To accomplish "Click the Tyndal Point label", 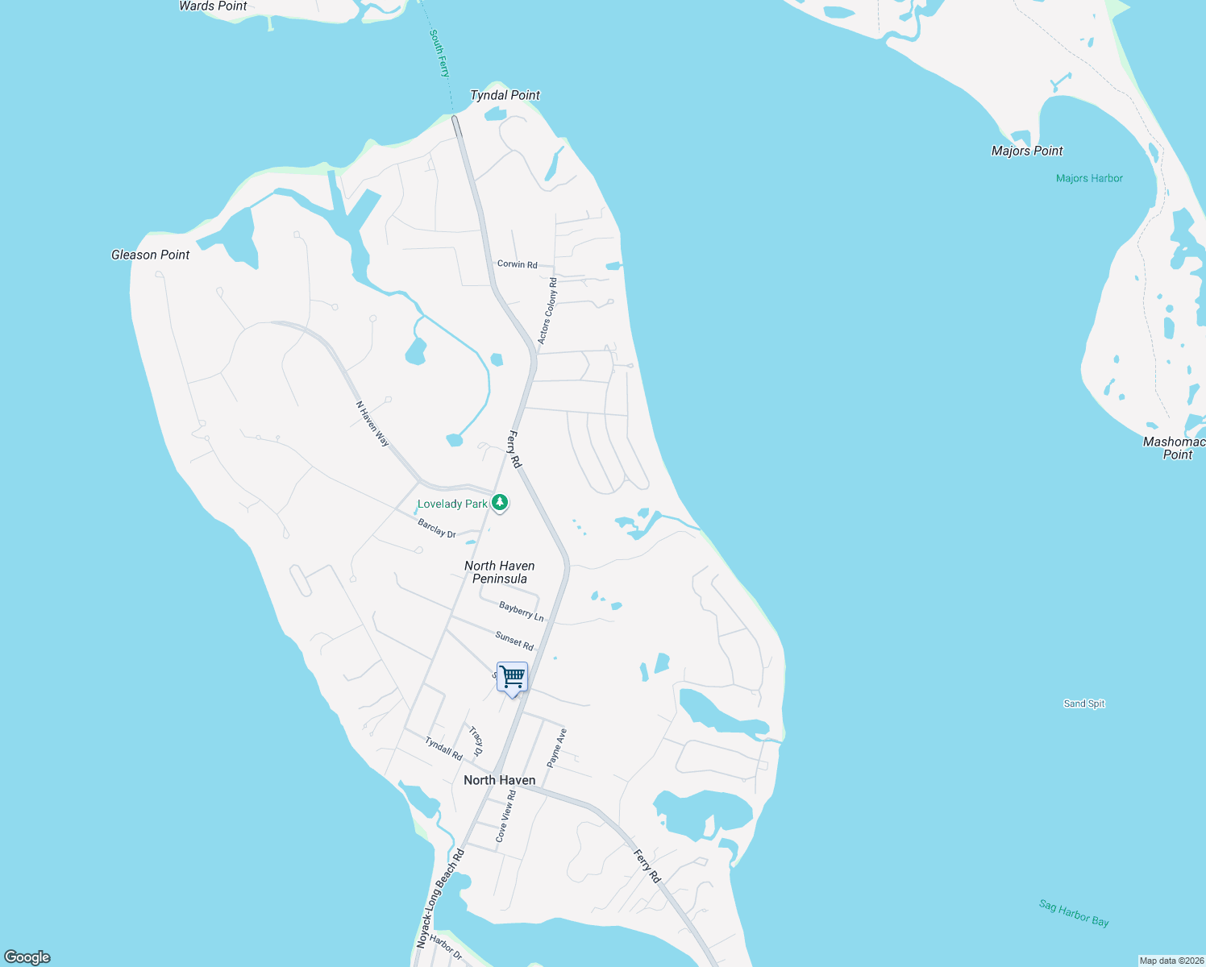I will (x=505, y=95).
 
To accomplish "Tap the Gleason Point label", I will (x=150, y=255).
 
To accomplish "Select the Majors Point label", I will (x=1026, y=151).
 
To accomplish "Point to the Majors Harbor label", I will (x=1089, y=178).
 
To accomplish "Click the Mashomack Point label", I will (x=1175, y=448).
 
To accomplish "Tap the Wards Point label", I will (x=213, y=6).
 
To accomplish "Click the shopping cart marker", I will (x=512, y=678).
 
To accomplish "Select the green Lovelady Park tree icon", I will (x=500, y=503).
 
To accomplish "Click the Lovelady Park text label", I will (x=452, y=504).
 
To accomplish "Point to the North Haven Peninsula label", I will (x=499, y=572).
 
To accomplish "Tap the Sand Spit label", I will (x=1083, y=703).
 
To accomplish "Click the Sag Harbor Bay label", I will (x=1073, y=913).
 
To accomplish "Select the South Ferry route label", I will (x=439, y=53).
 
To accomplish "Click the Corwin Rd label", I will (x=517, y=264).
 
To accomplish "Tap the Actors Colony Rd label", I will (x=547, y=311).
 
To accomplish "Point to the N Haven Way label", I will (x=372, y=424).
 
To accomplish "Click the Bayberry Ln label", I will (x=521, y=612).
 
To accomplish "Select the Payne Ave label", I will (x=556, y=748).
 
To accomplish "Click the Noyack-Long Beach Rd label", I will (x=440, y=897).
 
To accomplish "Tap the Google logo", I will (x=27, y=957).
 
